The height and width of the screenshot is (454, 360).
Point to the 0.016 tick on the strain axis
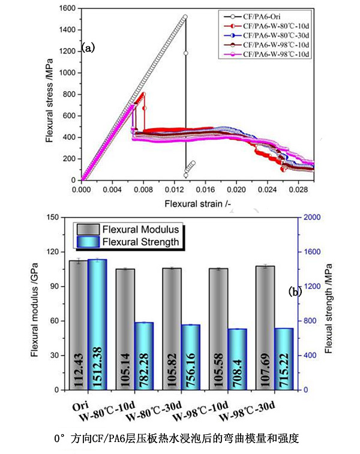(x=205, y=188)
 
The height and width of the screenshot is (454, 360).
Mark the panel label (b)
(x=295, y=291)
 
